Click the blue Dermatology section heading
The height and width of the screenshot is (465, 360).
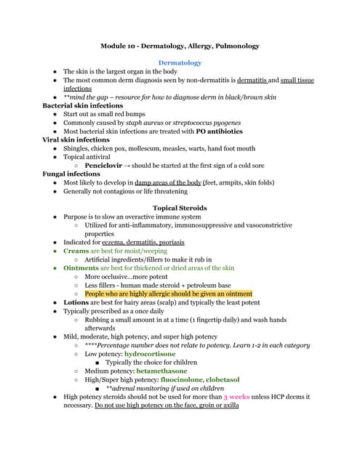tap(180, 63)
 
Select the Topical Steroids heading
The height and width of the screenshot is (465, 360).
tap(180, 208)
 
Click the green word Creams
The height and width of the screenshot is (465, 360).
tap(76, 251)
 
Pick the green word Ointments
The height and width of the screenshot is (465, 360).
tap(80, 268)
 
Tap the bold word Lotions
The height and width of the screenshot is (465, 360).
tap(76, 302)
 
